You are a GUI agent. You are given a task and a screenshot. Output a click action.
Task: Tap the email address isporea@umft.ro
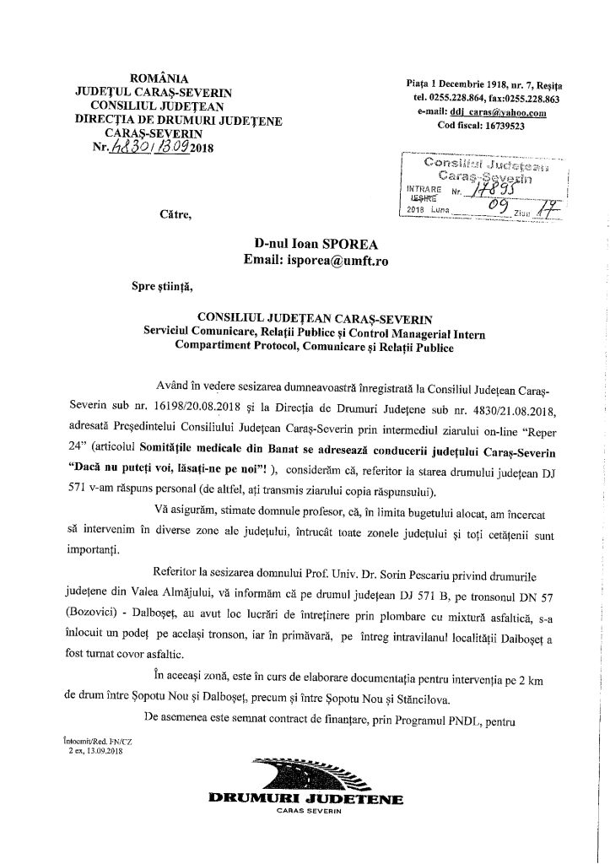(340, 261)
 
